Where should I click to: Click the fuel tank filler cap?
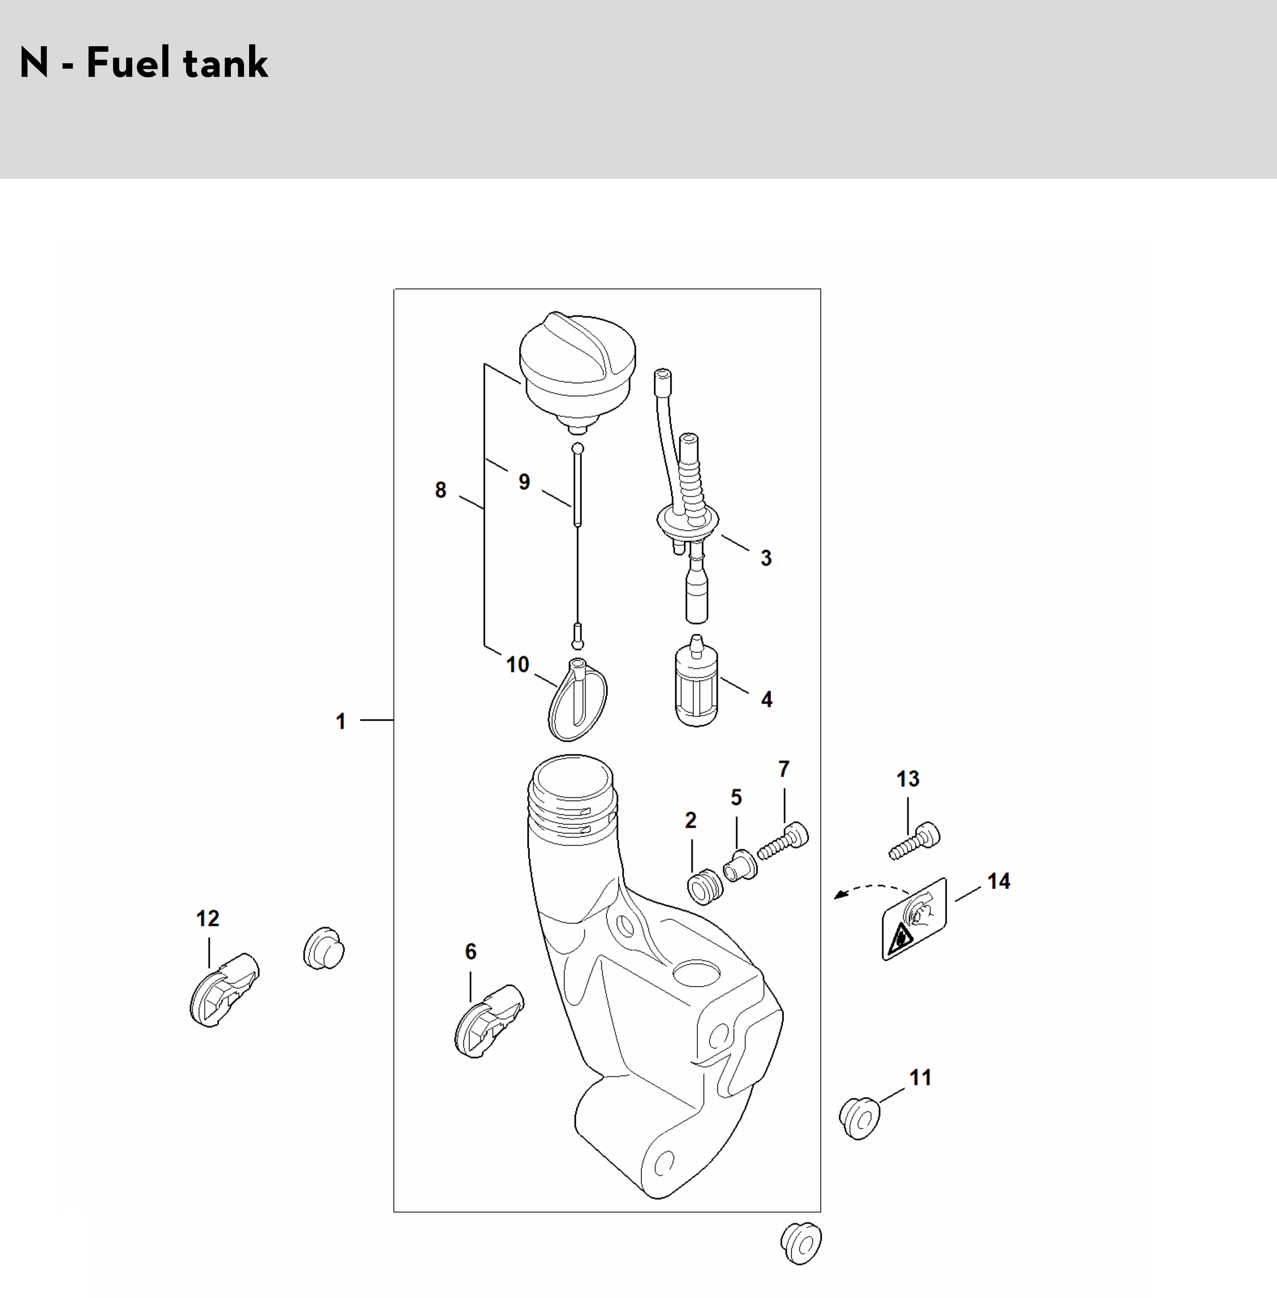pyautogui.click(x=577, y=372)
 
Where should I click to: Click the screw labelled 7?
pyautogui.click(x=784, y=840)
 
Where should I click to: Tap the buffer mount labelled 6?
pyautogui.click(x=489, y=1021)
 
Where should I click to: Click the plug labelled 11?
pyautogui.click(x=859, y=1117)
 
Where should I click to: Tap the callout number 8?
pyautogui.click(x=441, y=490)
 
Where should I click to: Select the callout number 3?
pyautogui.click(x=766, y=558)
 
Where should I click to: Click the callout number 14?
pyautogui.click(x=999, y=881)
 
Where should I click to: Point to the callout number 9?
pyautogui.click(x=525, y=482)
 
